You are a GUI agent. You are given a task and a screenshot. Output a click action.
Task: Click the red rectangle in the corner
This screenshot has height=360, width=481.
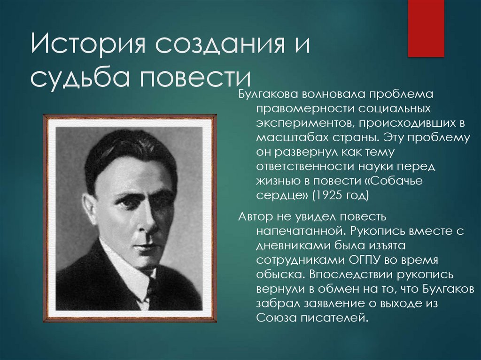point(426,28)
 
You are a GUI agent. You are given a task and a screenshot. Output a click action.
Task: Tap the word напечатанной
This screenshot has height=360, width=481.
point(297,231)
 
